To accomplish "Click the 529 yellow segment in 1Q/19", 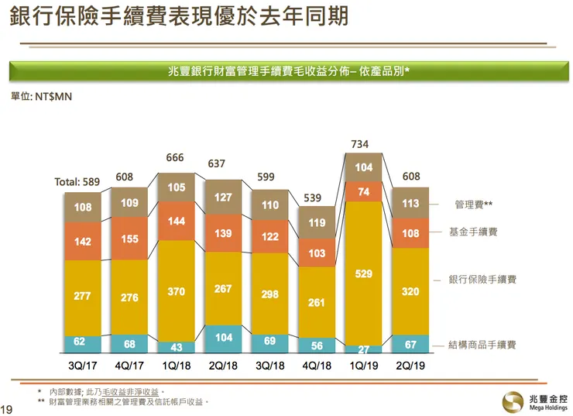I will pos(364,273).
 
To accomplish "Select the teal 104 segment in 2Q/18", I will pos(223,339).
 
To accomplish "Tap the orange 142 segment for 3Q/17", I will pos(83,241).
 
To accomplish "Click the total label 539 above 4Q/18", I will pos(313,198).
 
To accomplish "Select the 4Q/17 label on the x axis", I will pos(129,364).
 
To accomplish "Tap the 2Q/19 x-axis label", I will pos(411,364).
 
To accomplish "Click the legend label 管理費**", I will pos(473,205).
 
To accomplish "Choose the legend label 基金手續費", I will pos(473,232).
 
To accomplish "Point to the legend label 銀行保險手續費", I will pos(482,279).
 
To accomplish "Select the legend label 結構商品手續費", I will pos(482,345).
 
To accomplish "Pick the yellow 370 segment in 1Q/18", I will pos(176,291).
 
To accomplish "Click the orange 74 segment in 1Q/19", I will pos(364,191).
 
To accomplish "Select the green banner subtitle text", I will pos(289,71).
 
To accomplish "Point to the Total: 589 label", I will pos(77,182).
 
